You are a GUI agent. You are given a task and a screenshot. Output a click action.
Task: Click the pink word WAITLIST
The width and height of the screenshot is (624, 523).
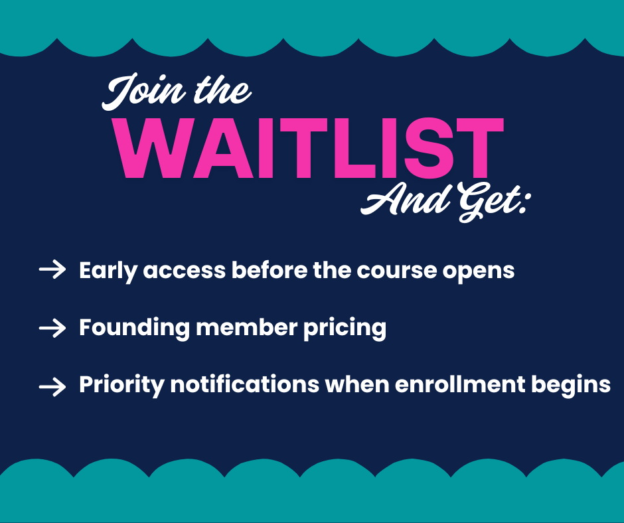[x=308, y=148]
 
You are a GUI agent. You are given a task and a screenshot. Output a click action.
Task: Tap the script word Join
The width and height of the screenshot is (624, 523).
[x=144, y=92]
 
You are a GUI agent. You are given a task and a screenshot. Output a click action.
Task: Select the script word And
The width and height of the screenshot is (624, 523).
[x=406, y=199]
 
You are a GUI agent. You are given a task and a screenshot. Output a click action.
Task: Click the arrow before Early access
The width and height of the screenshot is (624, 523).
[x=52, y=269]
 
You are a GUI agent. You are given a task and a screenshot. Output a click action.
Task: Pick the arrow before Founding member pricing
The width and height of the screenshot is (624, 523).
[x=52, y=329]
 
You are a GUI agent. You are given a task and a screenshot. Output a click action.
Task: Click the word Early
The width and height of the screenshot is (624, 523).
[x=108, y=271]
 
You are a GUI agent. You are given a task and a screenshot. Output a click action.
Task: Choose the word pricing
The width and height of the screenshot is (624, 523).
[x=345, y=329]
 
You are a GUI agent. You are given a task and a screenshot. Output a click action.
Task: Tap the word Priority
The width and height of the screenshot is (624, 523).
[x=121, y=386]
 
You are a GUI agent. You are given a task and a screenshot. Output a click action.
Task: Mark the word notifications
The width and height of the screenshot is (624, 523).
[x=245, y=384]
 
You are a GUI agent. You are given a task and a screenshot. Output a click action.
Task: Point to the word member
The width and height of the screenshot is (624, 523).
[x=247, y=328]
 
